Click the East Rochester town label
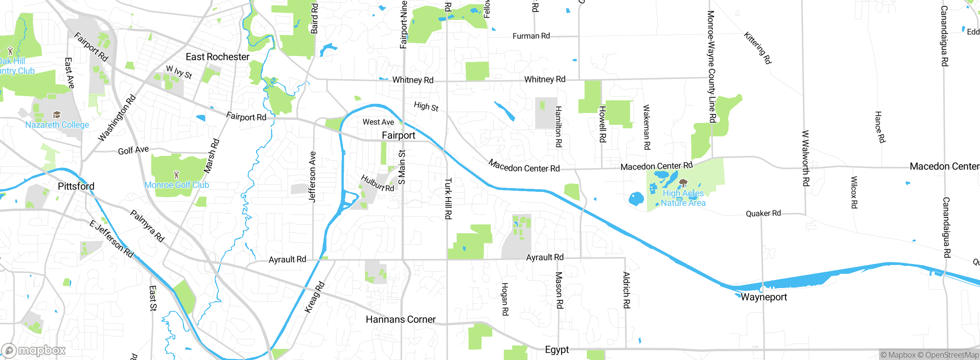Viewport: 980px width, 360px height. pos(217,57)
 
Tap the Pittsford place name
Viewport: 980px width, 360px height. pos(76,187)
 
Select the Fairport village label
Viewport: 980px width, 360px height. pos(399,135)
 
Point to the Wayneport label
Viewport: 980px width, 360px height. pos(764,297)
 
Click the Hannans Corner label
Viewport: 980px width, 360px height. pos(400,319)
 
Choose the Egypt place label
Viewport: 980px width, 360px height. pos(557,350)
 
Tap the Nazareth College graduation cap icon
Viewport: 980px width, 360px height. pos(57,115)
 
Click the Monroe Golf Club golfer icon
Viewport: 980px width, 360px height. pos(176,175)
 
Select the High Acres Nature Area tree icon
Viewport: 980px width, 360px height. pos(683,183)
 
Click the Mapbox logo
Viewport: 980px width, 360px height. pos(34,350)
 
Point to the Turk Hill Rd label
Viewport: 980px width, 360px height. pos(448,198)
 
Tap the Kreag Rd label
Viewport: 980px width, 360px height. pos(314,297)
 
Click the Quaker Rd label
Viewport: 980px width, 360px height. pos(763,213)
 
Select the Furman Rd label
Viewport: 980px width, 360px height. pos(531,36)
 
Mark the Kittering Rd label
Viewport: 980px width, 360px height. pos(758,48)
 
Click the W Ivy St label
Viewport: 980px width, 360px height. pos(179,72)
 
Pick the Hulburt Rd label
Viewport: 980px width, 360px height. pos(377,183)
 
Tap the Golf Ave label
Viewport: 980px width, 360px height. pos(133,150)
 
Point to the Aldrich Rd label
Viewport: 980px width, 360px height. pos(626,290)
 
